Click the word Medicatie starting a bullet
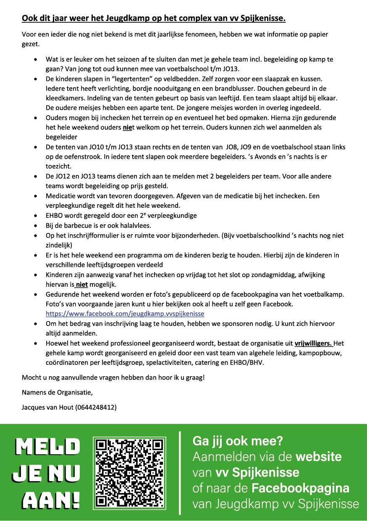pyautogui.click(x=61, y=196)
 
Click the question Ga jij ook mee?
pyautogui.click(x=238, y=441)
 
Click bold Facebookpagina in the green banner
pyautogui.click(x=300, y=488)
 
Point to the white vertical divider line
pyautogui.click(x=180, y=473)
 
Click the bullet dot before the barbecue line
pyautogui.click(x=37, y=226)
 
